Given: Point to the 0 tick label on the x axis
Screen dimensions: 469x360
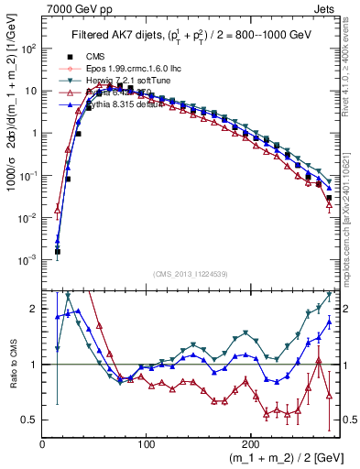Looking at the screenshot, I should (x=42, y=442).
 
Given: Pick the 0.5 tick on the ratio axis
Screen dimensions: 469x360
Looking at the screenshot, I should (x=28, y=420).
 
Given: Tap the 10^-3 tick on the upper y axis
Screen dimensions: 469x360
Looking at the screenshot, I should (x=27, y=260).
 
